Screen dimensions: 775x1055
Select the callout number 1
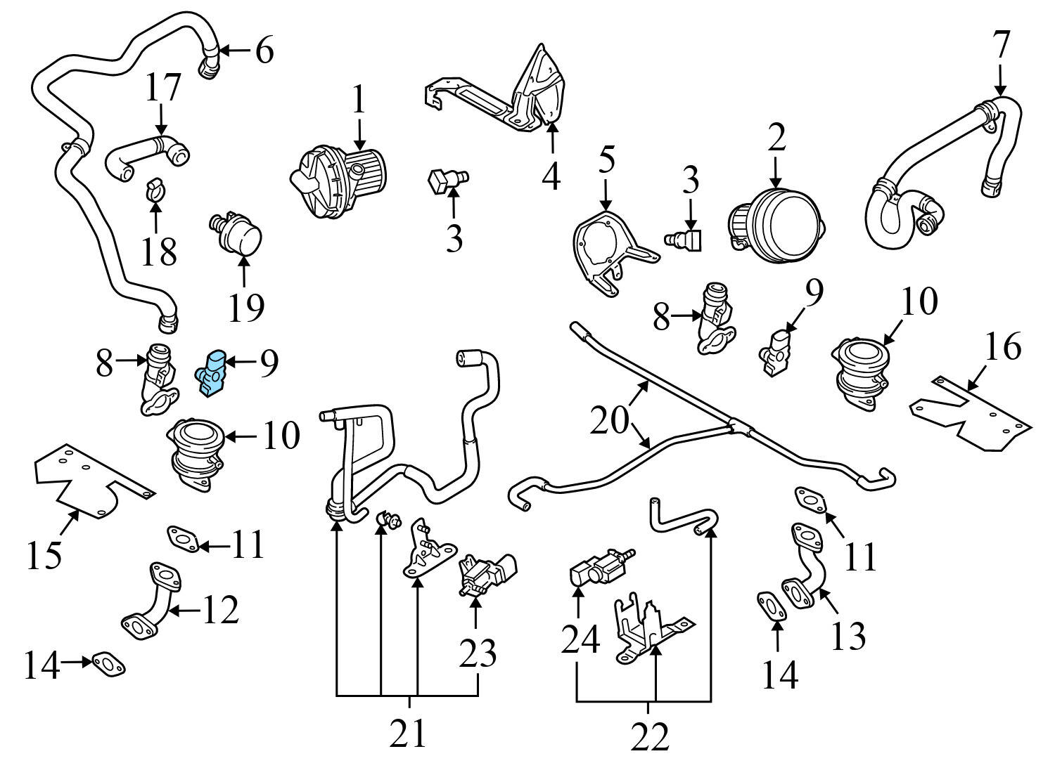(x=359, y=100)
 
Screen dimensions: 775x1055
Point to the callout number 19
(x=245, y=307)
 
